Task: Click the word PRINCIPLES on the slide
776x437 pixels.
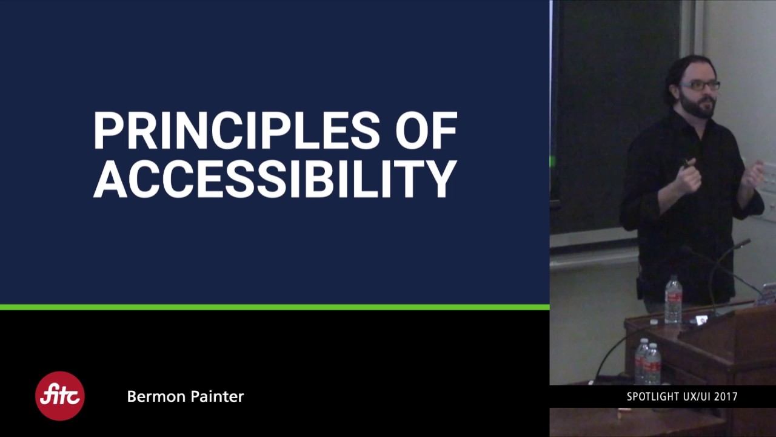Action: [x=236, y=131]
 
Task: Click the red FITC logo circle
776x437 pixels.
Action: [x=59, y=396]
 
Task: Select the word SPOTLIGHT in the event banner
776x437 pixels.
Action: [x=653, y=397]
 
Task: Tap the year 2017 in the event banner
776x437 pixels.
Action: [x=726, y=397]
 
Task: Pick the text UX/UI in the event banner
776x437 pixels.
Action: [x=695, y=397]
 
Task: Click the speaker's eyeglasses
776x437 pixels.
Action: [x=701, y=86]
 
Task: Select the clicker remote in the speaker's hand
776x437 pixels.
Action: [x=686, y=163]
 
